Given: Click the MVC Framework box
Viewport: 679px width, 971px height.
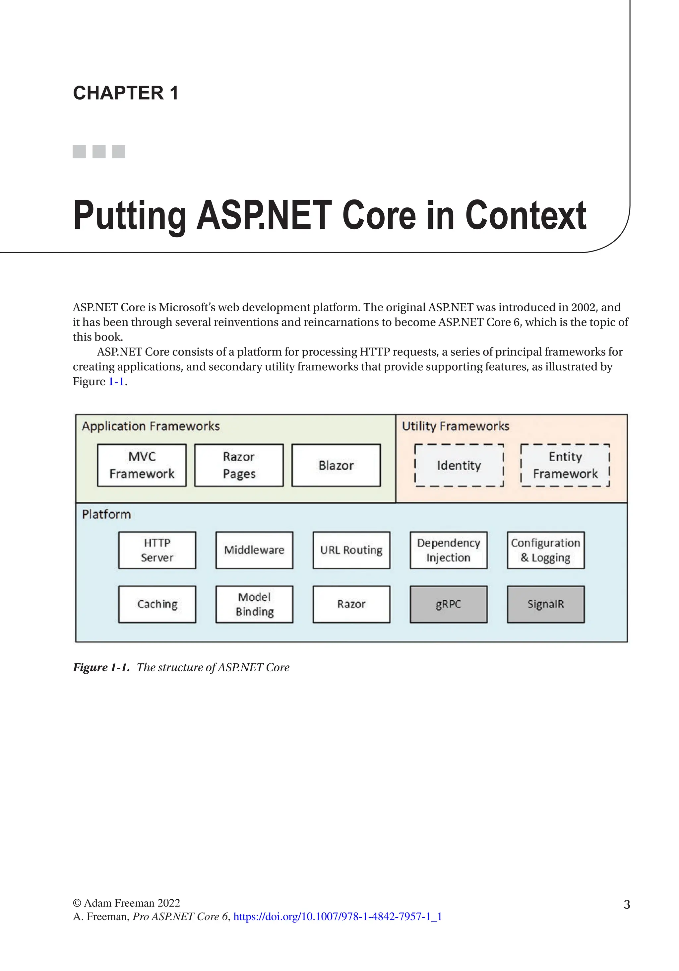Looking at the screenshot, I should pyautogui.click(x=142, y=465).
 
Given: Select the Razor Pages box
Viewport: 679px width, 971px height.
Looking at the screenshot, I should pyautogui.click(x=239, y=465).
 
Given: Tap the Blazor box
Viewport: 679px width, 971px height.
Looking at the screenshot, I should pyautogui.click(x=336, y=465).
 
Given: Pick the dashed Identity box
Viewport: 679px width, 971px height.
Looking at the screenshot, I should pyautogui.click(x=459, y=465).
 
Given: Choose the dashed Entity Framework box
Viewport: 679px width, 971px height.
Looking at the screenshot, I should pyautogui.click(x=565, y=465).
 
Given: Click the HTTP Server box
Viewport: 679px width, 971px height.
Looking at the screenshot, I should pyautogui.click(x=157, y=550).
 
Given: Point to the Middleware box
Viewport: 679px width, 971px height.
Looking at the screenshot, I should pyautogui.click(x=254, y=550).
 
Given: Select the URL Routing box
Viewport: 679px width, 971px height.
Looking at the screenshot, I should pyautogui.click(x=351, y=550).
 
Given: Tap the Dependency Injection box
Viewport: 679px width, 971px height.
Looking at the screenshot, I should pyautogui.click(x=448, y=550).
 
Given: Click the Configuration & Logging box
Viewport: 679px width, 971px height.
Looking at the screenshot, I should pyautogui.click(x=545, y=550).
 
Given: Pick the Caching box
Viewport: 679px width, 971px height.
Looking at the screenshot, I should pyautogui.click(x=157, y=604).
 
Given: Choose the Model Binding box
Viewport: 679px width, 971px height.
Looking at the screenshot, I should pyautogui.click(x=254, y=604).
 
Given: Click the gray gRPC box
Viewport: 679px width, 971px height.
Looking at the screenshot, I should pyautogui.click(x=448, y=604).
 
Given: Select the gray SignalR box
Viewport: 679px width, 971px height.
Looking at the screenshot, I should pyautogui.click(x=545, y=604).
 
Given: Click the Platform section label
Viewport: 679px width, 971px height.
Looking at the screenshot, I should pyautogui.click(x=106, y=514).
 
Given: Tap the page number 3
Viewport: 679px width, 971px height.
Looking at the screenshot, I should pyautogui.click(x=627, y=904).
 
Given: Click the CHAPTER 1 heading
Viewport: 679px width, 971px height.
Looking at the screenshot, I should pyautogui.click(x=126, y=93).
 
